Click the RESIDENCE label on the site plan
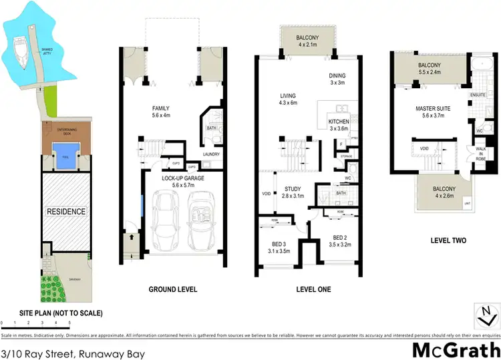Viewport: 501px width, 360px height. pos(66,212)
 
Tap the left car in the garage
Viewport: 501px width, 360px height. pos(166,220)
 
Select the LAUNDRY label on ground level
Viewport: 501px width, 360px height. pos(211,153)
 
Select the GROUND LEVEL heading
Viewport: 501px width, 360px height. pos(172,289)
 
